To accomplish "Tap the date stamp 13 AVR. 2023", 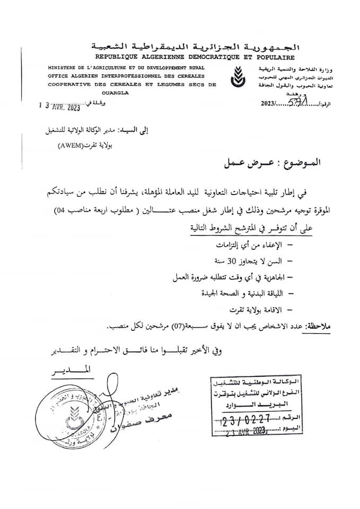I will coord(59,107).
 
